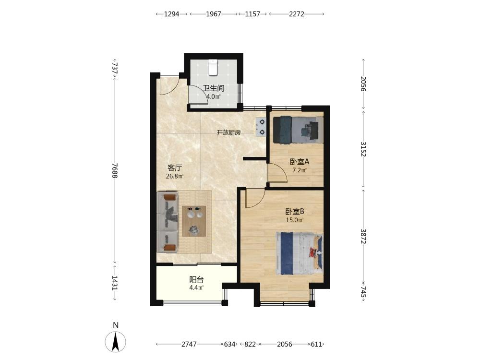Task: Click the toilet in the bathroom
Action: point(213,67)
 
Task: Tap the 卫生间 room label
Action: point(214,88)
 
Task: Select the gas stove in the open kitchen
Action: point(261,127)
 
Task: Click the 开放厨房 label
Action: point(228,132)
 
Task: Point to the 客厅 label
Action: point(175,168)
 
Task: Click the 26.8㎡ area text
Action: point(175,176)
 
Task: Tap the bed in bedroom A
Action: point(298,130)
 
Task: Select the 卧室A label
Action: point(300,161)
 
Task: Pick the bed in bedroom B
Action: point(300,253)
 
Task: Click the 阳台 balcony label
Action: point(196,279)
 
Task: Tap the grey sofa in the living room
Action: point(168,222)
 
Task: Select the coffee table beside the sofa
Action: point(194,221)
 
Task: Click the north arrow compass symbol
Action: point(115,342)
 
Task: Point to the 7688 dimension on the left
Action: point(115,170)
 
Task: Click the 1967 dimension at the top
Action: point(214,14)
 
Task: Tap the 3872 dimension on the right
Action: point(363,236)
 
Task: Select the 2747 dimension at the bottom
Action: point(189,344)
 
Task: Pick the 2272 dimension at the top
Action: point(296,14)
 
